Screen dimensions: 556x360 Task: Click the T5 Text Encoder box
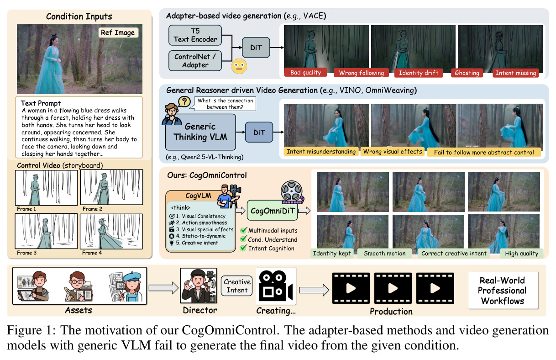coord(195,35)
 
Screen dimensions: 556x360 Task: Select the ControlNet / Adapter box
coord(195,61)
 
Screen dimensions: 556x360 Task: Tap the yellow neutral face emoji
coord(239,66)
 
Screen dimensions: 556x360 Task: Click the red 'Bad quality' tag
coord(305,72)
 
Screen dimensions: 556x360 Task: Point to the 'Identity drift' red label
coord(419,73)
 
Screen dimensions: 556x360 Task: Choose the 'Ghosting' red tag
coord(467,73)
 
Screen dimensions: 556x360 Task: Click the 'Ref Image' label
coord(118,32)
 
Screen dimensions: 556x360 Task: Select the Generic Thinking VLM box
coord(200,132)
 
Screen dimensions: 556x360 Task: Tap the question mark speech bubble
coord(184,101)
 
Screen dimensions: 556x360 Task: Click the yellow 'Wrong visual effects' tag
coord(393,151)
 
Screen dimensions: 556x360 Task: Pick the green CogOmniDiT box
coord(272,211)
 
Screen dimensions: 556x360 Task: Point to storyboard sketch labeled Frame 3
coord(46,231)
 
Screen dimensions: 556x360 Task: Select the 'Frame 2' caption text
coord(92,209)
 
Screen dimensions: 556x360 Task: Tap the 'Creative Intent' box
coord(237,286)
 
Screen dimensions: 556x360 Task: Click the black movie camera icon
coord(276,286)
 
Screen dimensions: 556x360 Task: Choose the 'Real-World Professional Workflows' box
coord(503,290)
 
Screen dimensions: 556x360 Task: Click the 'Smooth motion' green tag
coord(384,253)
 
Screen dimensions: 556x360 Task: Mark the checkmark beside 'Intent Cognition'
coord(243,248)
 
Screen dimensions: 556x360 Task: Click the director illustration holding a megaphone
coord(199,286)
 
